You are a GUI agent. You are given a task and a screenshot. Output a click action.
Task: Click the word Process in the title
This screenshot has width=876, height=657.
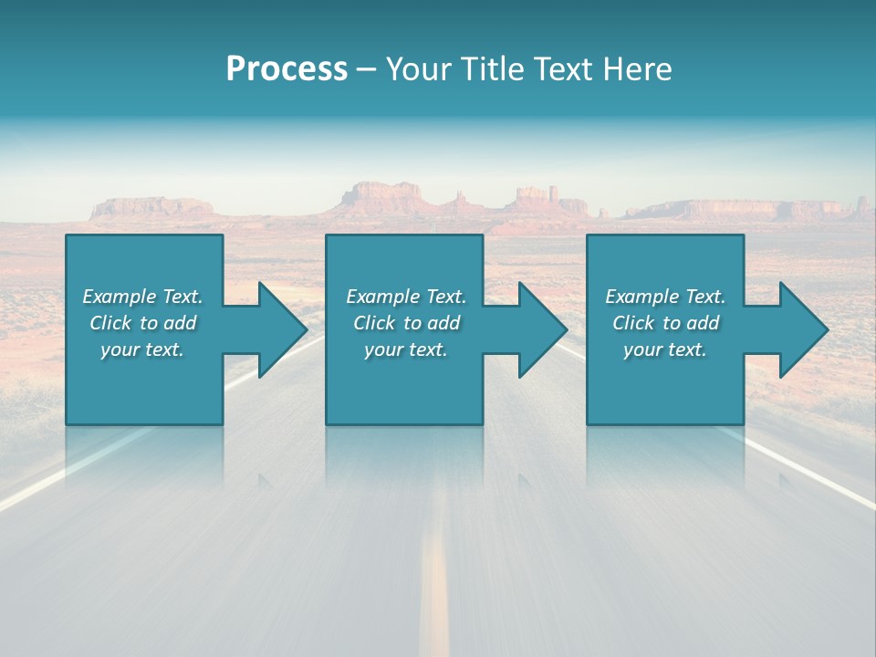click(x=287, y=69)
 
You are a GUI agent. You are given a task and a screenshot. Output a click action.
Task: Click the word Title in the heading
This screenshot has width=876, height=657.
click(x=488, y=69)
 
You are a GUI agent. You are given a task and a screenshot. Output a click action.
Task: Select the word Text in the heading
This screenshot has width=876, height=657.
click(x=562, y=69)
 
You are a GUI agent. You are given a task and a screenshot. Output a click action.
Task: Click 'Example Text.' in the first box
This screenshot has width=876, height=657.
click(x=142, y=297)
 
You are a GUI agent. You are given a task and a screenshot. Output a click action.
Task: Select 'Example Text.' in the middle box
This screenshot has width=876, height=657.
click(x=406, y=297)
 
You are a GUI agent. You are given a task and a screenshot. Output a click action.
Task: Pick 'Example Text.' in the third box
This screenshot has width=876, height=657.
click(x=665, y=297)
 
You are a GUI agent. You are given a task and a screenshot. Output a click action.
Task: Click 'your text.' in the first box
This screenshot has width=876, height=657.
click(x=142, y=349)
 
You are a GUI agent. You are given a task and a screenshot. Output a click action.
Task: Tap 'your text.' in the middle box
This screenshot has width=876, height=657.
click(x=406, y=349)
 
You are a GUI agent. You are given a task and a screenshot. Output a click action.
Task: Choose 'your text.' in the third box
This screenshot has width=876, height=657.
click(x=665, y=349)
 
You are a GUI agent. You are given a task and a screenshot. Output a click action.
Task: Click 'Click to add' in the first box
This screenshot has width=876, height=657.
click(x=142, y=323)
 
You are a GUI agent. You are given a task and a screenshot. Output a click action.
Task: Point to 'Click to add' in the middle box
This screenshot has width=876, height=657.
click(x=406, y=323)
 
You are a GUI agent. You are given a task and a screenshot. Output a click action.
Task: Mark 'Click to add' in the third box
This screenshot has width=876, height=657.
click(x=665, y=323)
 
